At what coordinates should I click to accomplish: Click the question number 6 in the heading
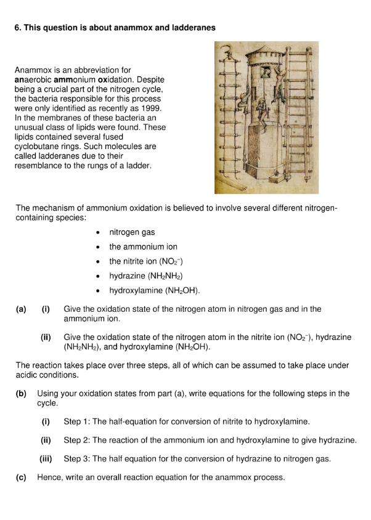(17, 28)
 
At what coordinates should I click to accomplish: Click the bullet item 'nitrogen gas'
(132, 232)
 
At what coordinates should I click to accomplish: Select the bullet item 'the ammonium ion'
(143, 246)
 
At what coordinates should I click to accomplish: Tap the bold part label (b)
(21, 393)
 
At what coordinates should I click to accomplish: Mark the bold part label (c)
(21, 477)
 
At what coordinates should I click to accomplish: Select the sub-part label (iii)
(46, 458)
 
